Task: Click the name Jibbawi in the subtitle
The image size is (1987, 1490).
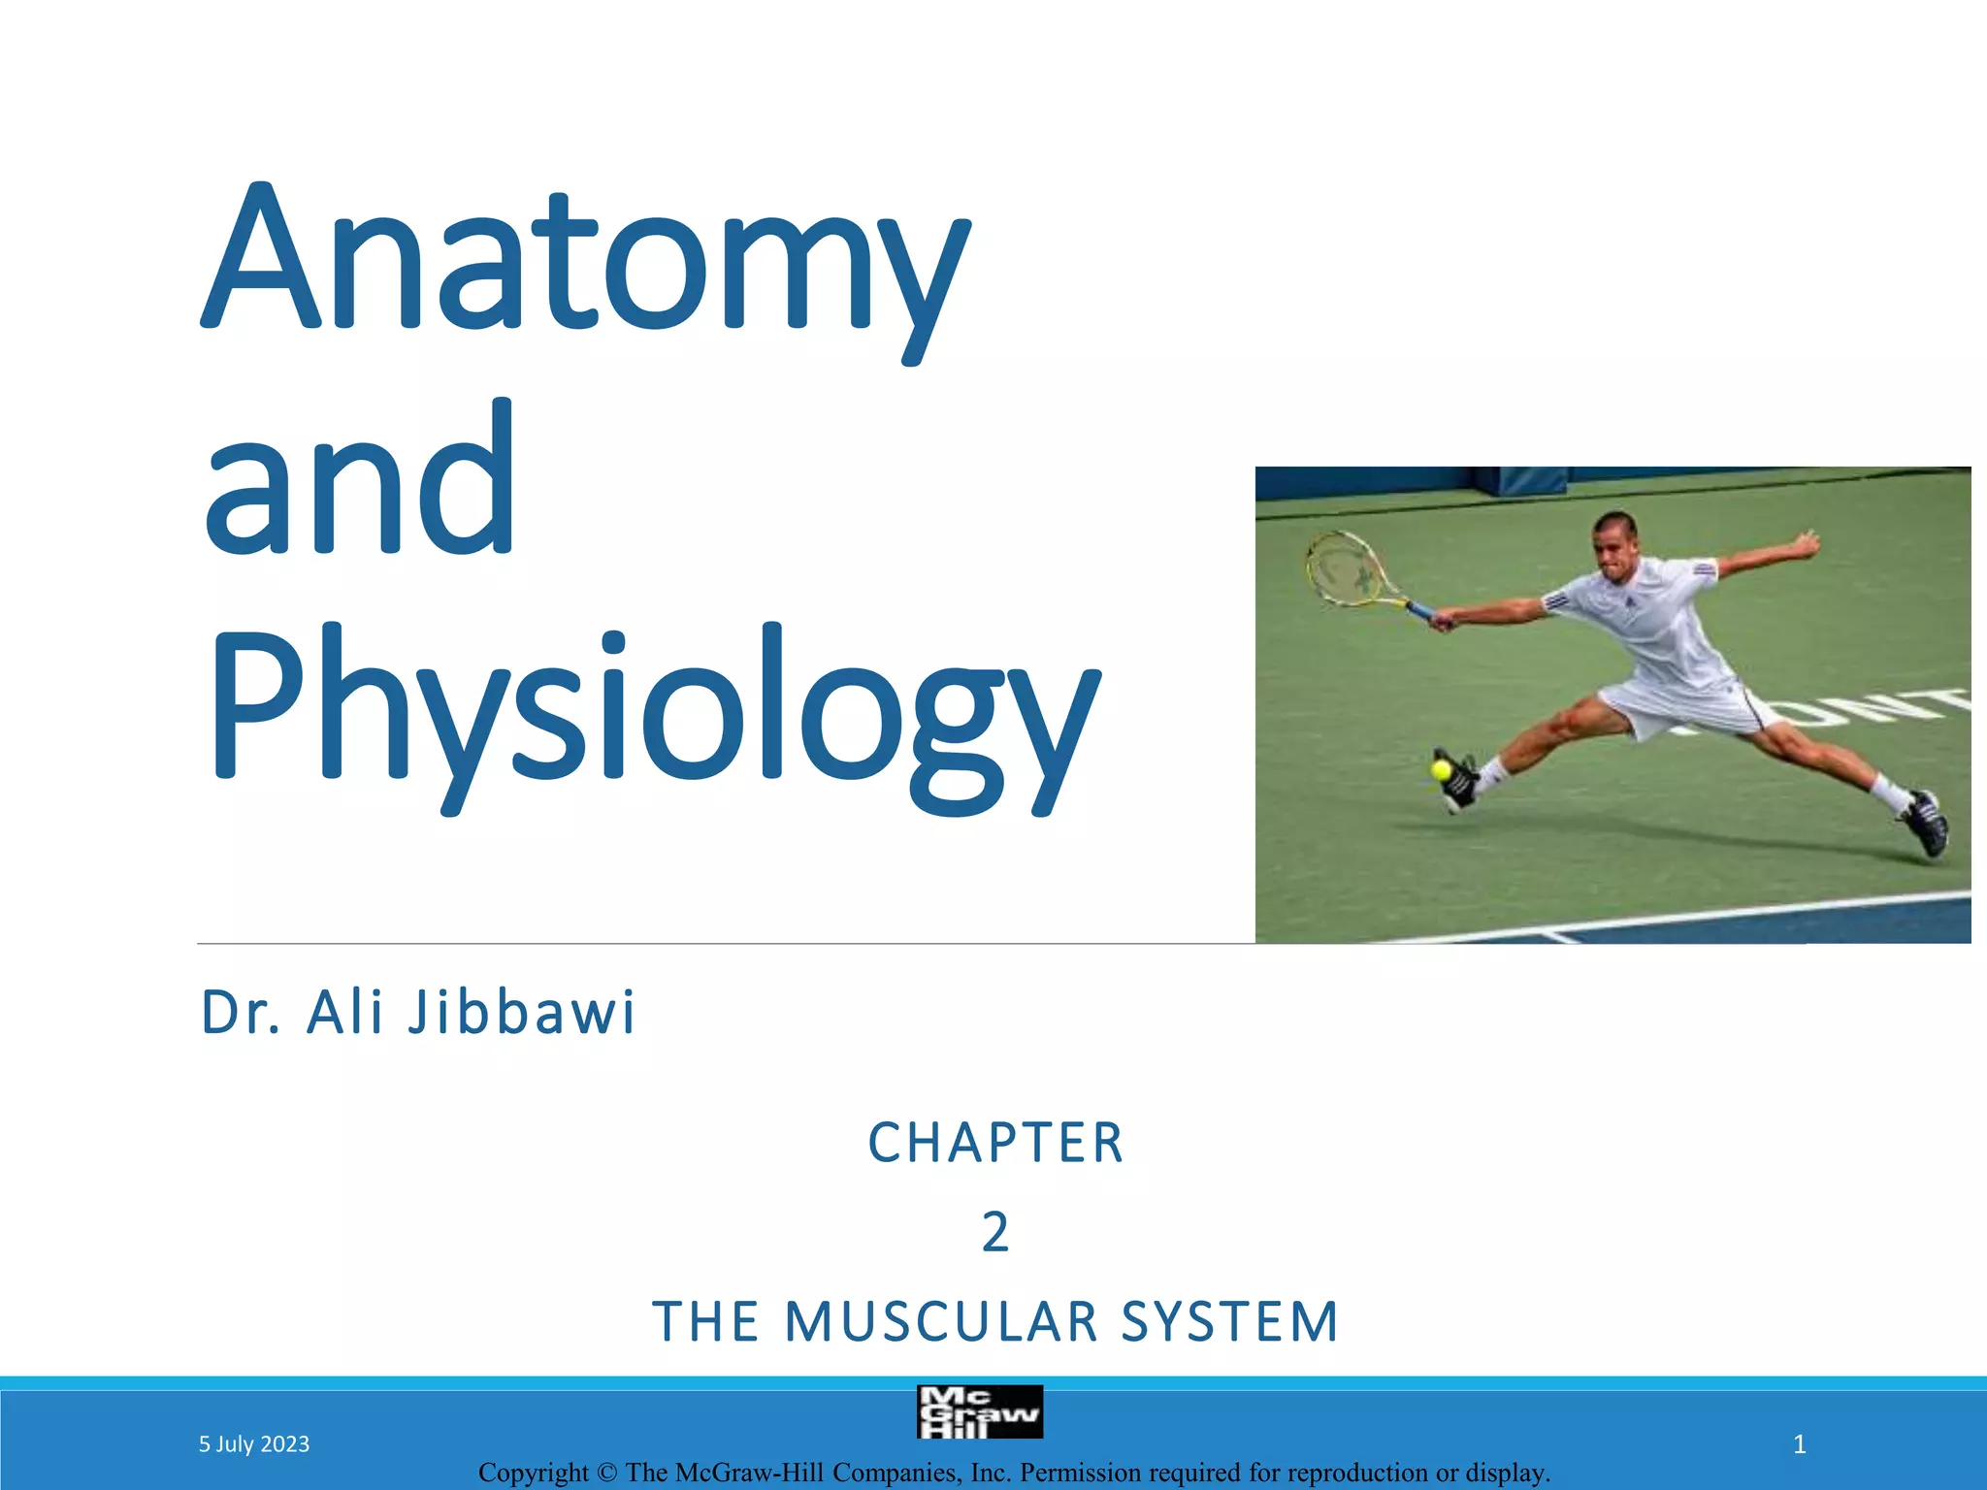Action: point(521,1013)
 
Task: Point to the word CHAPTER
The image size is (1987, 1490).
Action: point(995,1143)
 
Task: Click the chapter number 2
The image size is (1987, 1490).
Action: point(995,1233)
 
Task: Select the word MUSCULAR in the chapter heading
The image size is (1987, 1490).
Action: point(941,1322)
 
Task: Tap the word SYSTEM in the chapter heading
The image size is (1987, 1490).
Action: point(1230,1322)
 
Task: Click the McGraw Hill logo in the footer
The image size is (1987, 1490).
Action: point(979,1412)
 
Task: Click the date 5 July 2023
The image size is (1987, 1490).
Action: point(254,1444)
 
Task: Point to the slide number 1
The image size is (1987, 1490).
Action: point(1799,1444)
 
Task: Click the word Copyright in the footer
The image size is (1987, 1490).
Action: point(533,1473)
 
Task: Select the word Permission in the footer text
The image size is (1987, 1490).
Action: point(1080,1473)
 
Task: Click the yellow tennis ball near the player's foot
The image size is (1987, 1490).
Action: point(1441,770)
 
